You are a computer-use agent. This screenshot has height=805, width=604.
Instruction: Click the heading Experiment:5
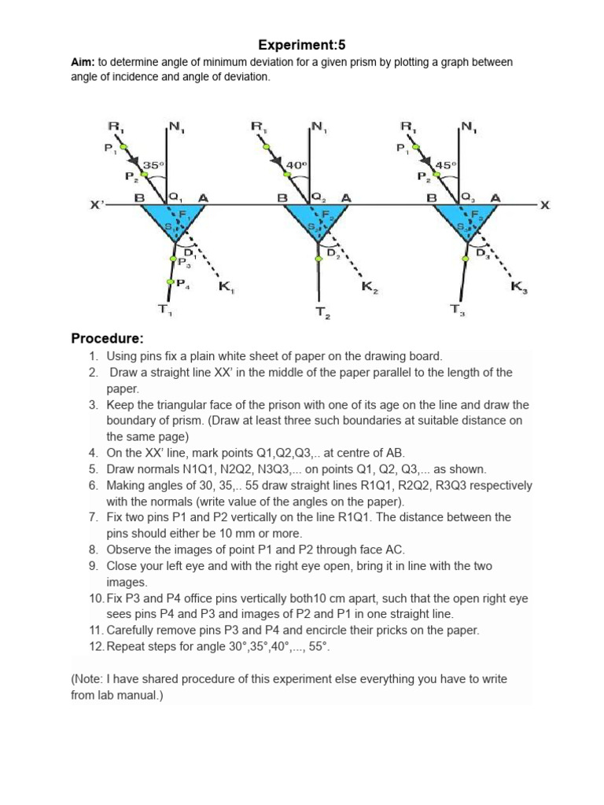[x=302, y=46]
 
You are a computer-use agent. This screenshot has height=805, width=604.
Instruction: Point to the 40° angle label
[x=296, y=165]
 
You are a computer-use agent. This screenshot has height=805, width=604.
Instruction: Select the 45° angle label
[x=445, y=165]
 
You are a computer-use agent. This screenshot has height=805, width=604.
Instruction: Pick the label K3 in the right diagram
[x=519, y=288]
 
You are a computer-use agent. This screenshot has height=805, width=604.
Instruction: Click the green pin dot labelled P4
[x=169, y=281]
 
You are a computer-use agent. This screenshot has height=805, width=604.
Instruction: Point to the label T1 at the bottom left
[x=164, y=309]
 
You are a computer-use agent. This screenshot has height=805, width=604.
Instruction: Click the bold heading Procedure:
[x=107, y=339]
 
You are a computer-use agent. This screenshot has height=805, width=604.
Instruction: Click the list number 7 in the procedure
[x=93, y=517]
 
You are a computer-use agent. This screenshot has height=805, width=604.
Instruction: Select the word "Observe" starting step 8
[x=130, y=550]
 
